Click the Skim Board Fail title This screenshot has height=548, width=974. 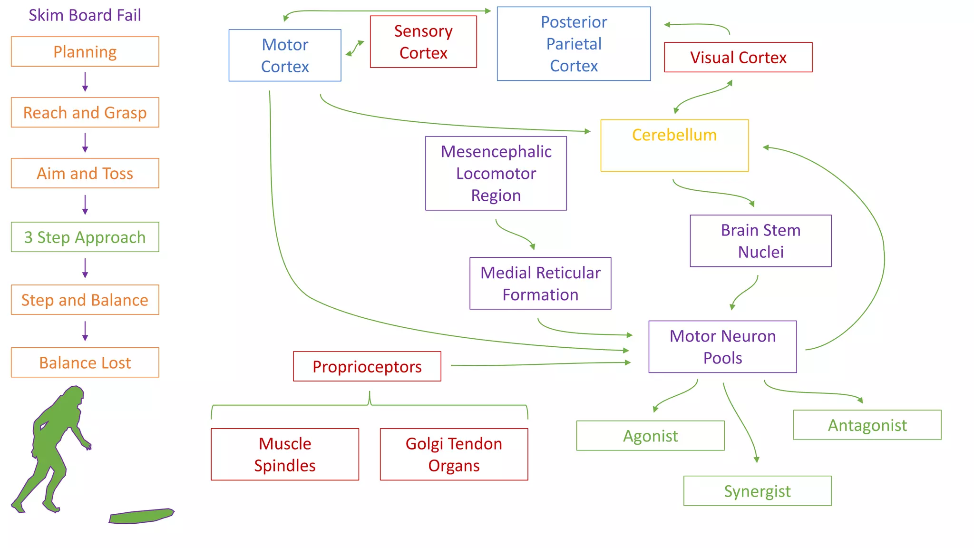85,15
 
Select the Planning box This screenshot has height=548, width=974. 85,52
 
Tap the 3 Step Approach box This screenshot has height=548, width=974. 85,237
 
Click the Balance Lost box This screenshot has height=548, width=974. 85,362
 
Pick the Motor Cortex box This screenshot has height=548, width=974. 285,55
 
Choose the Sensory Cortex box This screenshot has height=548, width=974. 423,42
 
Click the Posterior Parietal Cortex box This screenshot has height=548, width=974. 574,44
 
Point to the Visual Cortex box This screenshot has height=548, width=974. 738,58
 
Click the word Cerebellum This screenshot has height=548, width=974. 674,135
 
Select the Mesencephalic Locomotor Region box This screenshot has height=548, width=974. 496,173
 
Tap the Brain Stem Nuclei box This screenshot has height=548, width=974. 760,241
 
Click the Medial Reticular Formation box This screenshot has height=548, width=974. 540,284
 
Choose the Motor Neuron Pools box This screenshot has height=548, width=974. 722,347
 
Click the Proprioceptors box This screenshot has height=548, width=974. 367,366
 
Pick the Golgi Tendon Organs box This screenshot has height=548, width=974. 454,454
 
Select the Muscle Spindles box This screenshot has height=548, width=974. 285,454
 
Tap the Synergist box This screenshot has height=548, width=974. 757,491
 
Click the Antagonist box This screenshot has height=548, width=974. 867,425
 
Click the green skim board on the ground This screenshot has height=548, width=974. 141,516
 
